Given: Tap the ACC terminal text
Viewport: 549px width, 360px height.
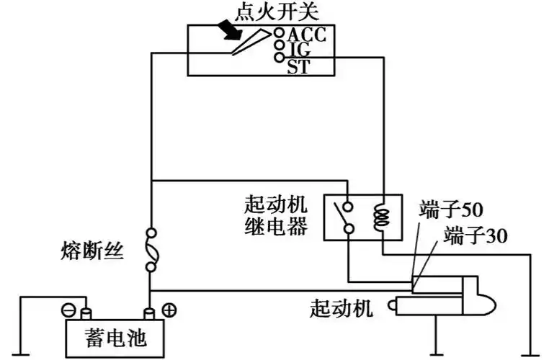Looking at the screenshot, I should tap(307, 35).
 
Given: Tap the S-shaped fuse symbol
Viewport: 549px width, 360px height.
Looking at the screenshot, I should tap(151, 250).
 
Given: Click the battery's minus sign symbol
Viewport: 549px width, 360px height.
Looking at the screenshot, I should tap(67, 310).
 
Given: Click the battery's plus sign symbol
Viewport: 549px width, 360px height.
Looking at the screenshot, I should tap(171, 310).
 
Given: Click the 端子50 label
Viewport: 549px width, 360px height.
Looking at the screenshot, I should tap(452, 211).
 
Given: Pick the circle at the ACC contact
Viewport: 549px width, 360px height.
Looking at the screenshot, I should tap(279, 33).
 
